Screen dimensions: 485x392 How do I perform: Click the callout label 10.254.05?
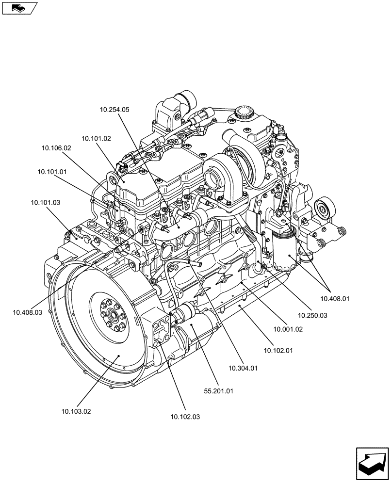(114, 110)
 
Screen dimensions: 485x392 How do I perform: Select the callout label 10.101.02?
(96, 138)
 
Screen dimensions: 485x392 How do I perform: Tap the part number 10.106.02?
(56, 148)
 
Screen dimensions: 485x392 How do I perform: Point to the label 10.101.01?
(52, 172)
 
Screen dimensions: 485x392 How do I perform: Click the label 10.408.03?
(28, 312)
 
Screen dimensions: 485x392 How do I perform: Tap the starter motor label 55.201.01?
(219, 391)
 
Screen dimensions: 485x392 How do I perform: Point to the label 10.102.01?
(278, 349)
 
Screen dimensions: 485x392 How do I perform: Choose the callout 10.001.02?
(288, 329)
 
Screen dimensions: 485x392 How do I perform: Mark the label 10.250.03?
(313, 315)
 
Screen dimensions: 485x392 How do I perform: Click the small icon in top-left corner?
(19, 8)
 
